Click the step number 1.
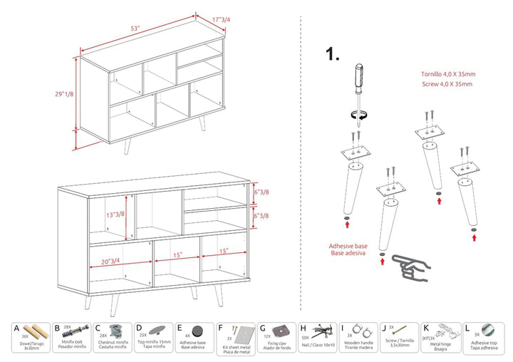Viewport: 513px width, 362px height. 332,55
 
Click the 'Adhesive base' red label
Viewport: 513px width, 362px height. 347,247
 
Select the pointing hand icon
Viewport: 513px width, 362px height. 412,264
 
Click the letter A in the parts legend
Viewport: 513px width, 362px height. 16,330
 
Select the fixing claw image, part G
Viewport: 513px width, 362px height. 284,330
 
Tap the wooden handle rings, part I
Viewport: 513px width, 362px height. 365,331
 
